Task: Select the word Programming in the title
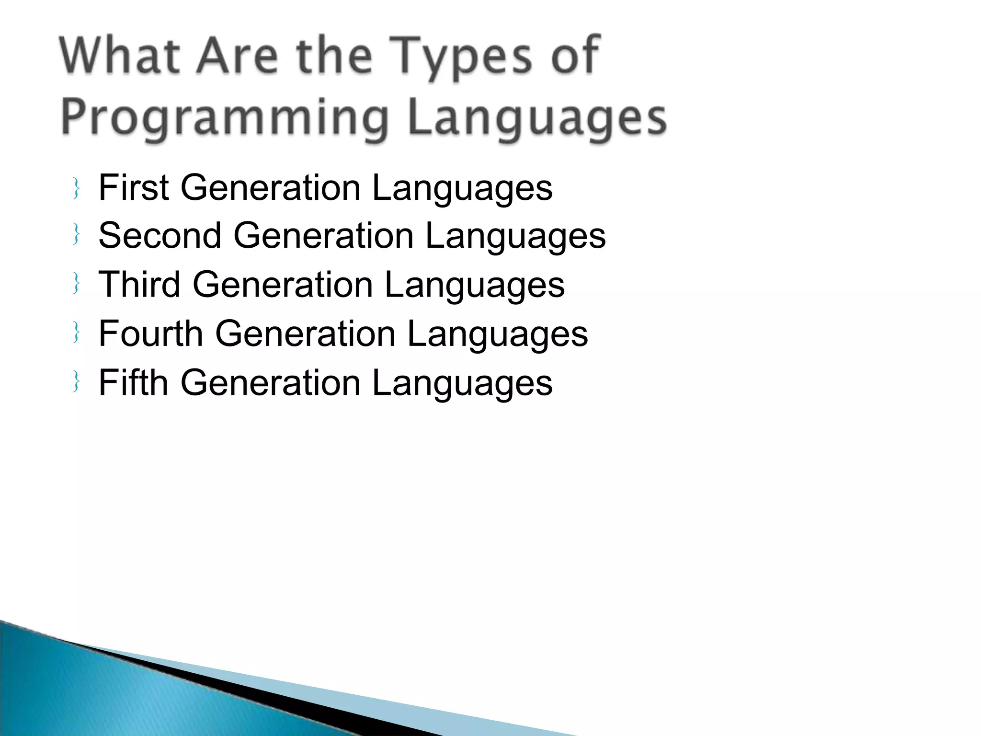click(224, 118)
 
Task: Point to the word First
click(134, 187)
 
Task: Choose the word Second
click(160, 236)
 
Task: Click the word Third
click(139, 285)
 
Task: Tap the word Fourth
click(151, 333)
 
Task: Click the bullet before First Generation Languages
click(76, 188)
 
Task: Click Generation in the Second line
click(323, 236)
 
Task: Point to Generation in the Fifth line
click(270, 383)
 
